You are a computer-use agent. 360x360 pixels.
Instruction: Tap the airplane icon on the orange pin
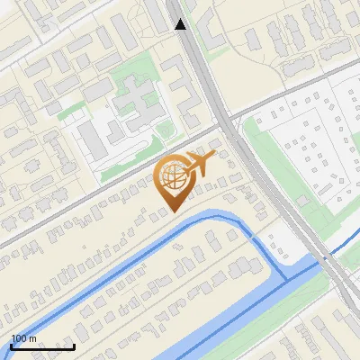point(199,164)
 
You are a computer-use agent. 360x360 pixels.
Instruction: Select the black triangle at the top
point(181,24)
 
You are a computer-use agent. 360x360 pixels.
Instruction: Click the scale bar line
point(42,346)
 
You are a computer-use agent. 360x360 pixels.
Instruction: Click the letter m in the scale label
point(33,339)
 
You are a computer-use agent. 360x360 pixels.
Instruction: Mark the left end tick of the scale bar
point(11,345)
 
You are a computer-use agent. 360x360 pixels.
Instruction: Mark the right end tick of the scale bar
point(74,345)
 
